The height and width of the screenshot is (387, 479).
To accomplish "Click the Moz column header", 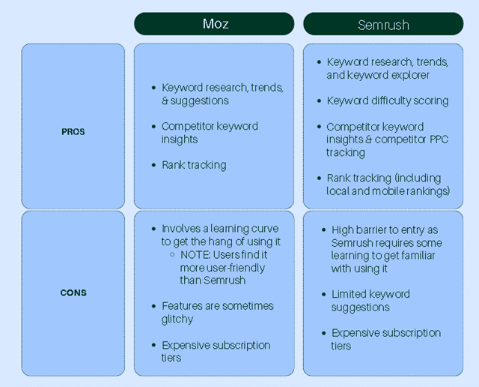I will (216, 23).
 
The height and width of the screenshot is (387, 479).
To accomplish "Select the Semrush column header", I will (383, 24).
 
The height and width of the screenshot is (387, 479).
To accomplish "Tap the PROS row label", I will (73, 131).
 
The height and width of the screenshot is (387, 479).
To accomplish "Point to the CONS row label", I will (73, 292).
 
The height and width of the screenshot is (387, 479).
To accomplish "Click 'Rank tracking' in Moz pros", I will (194, 165).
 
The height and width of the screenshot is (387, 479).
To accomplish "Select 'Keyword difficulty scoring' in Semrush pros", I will (388, 100).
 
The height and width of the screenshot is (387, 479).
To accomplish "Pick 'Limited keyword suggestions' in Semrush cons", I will (370, 301).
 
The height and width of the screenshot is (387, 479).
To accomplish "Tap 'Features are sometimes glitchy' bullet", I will (217, 313).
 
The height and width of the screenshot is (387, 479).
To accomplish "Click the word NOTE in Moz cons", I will (192, 254).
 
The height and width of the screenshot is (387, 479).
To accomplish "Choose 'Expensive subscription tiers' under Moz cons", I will (216, 352).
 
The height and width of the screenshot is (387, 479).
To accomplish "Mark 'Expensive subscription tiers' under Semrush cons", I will (385, 339).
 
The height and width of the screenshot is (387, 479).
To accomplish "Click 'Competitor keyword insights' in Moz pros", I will (210, 132).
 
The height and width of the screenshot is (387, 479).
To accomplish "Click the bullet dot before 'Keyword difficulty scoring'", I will (320, 100).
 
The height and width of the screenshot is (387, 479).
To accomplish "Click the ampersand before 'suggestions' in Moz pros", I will (165, 100).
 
